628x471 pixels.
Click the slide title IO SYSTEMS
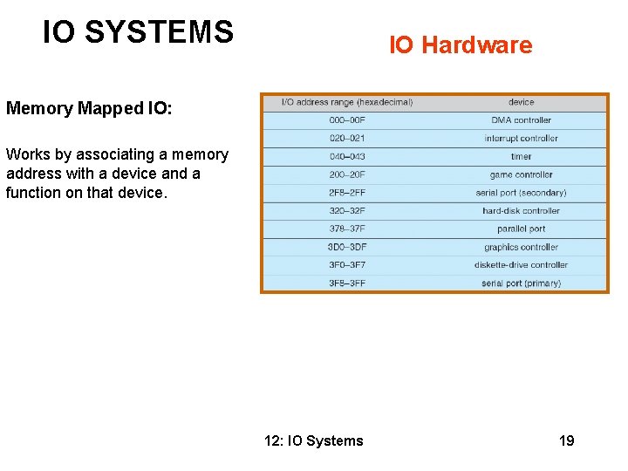click(x=138, y=32)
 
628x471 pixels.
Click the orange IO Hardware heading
click(x=460, y=45)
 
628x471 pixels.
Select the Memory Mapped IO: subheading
click(x=89, y=108)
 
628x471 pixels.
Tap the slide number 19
click(x=566, y=440)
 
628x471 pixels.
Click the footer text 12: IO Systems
click(x=313, y=440)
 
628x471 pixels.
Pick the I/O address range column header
click(x=346, y=102)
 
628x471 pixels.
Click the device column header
click(x=521, y=102)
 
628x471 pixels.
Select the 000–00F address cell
click(x=347, y=120)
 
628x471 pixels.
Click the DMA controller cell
click(x=521, y=120)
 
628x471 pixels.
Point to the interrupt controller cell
click(x=521, y=139)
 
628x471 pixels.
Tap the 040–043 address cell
click(x=347, y=157)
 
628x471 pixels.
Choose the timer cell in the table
click(x=521, y=157)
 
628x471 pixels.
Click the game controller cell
click(x=521, y=174)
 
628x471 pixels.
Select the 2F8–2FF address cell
click(x=347, y=193)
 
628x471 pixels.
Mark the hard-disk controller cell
click(x=521, y=211)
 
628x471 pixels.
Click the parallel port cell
click(x=521, y=229)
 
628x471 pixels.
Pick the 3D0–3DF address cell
click(x=347, y=248)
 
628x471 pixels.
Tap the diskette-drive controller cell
click(x=521, y=265)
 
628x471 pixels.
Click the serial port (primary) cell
click(x=521, y=283)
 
